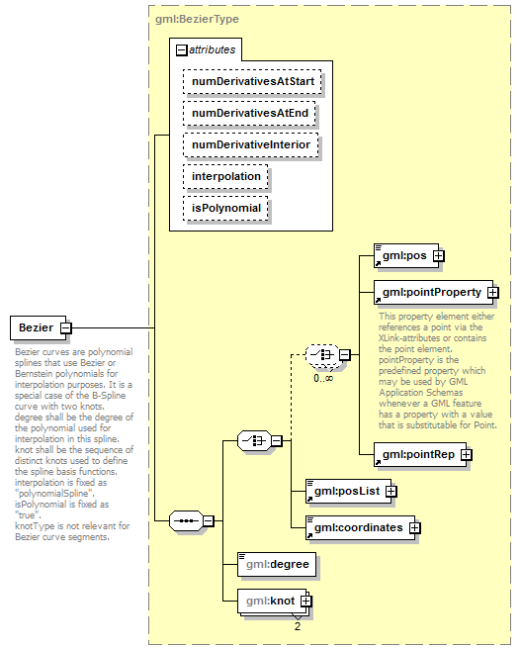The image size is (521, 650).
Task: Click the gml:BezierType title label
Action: click(x=197, y=19)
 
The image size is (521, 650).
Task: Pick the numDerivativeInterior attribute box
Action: click(x=251, y=144)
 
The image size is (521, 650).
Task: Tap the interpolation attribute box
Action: click(x=225, y=176)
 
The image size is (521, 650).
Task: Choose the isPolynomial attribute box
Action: click(x=225, y=208)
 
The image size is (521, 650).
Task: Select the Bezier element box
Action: click(x=36, y=326)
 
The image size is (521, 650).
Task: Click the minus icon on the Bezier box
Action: click(x=65, y=326)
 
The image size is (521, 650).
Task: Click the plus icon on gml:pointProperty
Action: click(x=492, y=292)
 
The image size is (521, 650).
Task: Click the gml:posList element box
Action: click(x=344, y=490)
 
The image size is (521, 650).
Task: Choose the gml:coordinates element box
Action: click(x=357, y=527)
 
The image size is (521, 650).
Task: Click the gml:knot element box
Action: click(x=269, y=600)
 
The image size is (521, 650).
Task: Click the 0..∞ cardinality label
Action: click(x=323, y=377)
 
